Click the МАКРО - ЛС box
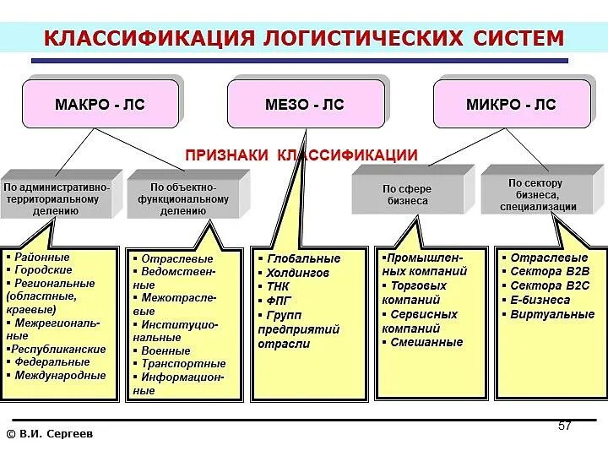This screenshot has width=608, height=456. coord(100,105)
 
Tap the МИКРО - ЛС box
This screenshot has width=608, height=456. coord(511,105)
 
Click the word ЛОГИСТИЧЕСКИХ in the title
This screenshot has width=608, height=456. coord(350,39)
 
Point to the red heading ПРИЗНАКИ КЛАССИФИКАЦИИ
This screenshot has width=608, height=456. coord(301,155)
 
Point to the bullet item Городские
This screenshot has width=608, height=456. coord(43,270)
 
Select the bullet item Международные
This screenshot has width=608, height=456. coord(60,375)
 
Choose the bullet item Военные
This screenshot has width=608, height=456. coord(166,350)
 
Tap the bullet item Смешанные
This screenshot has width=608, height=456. coord(426,342)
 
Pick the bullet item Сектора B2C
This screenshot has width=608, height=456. coord(550,285)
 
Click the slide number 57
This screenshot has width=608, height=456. coord(565,426)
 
